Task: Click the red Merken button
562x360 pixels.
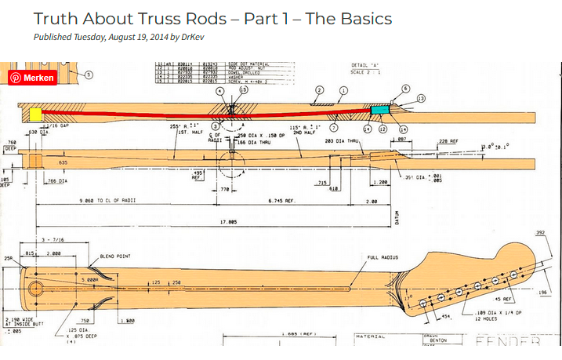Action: pos(32,78)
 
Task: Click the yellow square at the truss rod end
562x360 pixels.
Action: pos(36,115)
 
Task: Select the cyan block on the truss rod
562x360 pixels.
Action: pos(380,110)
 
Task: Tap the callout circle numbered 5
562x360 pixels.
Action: pos(89,75)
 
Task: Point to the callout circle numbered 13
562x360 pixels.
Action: pos(421,99)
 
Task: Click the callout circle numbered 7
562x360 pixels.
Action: pos(335,127)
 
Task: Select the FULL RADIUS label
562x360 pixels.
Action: pos(383,256)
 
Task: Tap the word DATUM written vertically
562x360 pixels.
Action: pos(397,217)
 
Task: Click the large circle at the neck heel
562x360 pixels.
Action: pos(36,288)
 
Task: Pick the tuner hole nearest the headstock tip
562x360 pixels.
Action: pos(514,274)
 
